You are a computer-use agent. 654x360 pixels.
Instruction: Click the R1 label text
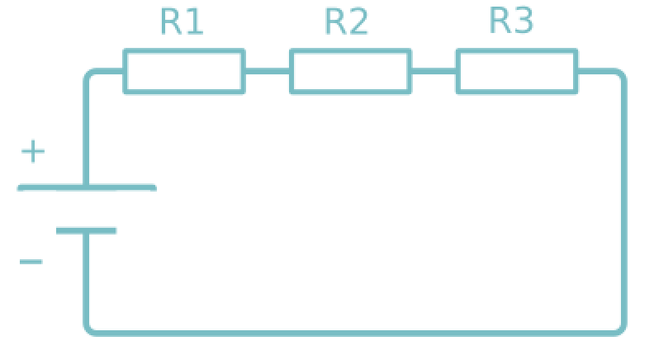pyautogui.click(x=182, y=22)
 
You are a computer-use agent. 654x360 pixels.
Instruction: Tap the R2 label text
pyautogui.click(x=347, y=22)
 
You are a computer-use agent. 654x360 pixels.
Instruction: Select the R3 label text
pyautogui.click(x=512, y=21)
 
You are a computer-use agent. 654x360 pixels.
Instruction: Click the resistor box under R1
pyautogui.click(x=184, y=71)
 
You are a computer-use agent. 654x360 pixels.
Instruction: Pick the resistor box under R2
pyautogui.click(x=350, y=71)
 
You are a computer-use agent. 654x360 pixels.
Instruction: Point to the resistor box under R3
pyautogui.click(x=517, y=71)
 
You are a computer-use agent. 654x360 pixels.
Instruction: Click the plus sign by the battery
pyautogui.click(x=33, y=152)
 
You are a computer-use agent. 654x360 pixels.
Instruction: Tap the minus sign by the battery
pyautogui.click(x=31, y=263)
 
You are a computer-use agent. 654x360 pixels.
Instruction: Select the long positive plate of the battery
pyautogui.click(x=87, y=188)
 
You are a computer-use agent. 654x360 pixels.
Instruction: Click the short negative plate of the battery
pyautogui.click(x=86, y=230)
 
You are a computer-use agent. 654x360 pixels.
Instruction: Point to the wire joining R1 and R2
pyautogui.click(x=267, y=71)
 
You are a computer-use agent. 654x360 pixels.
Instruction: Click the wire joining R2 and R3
pyautogui.click(x=434, y=71)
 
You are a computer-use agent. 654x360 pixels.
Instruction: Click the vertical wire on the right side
pyautogui.click(x=623, y=202)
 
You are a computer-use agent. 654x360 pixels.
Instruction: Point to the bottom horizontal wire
pyautogui.click(x=355, y=333)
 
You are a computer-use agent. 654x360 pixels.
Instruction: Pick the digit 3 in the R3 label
pyautogui.click(x=524, y=21)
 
